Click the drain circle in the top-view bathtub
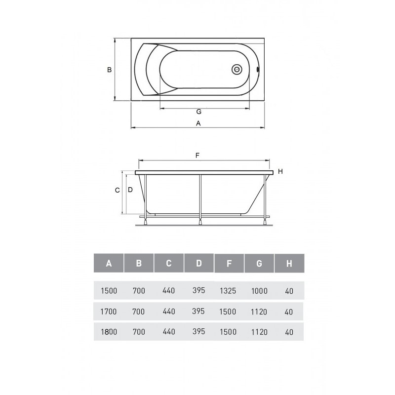tap(237, 69)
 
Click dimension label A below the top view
tap(198, 123)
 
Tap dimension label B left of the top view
tap(109, 70)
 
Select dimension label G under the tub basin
tap(199, 112)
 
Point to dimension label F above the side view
tap(197, 156)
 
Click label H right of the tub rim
tap(280, 171)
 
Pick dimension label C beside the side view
tap(118, 190)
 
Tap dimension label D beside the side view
tap(130, 190)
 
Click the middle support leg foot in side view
tap(200, 222)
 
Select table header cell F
tap(229, 263)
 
